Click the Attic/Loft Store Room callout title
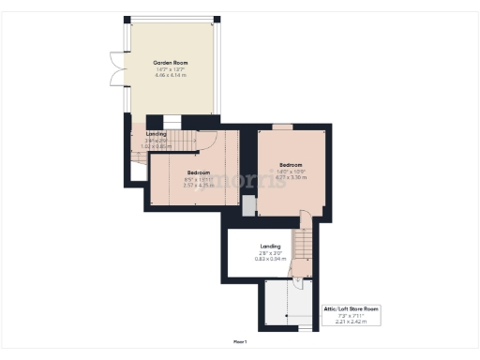point(352,307)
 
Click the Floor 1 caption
point(240,341)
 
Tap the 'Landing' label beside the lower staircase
point(270,247)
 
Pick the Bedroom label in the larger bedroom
point(291,164)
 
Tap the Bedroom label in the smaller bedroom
point(198,172)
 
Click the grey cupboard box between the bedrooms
point(247,205)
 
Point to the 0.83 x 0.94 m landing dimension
point(270,259)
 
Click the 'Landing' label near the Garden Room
point(156,134)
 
